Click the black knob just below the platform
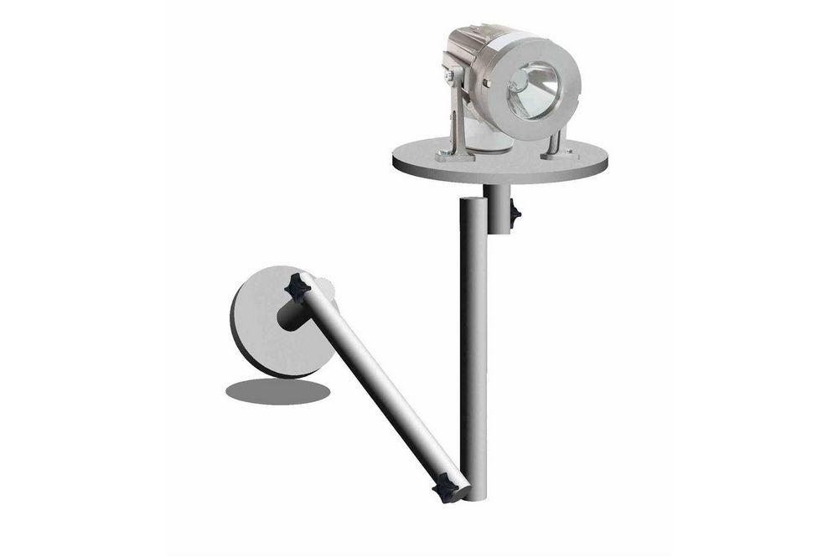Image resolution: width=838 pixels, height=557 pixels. [x=514, y=215]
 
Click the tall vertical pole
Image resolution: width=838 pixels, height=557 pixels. [x=473, y=352]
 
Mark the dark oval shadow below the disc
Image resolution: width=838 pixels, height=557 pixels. [x=277, y=390]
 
